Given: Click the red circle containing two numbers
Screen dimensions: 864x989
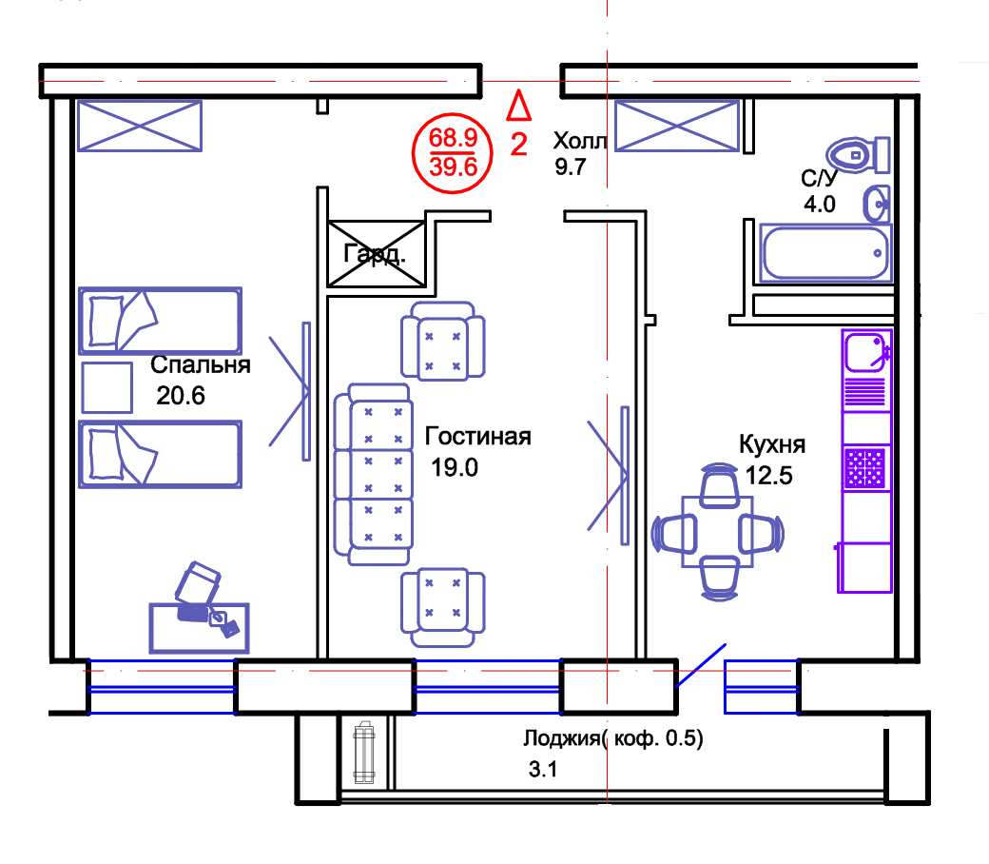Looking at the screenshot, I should (452, 153).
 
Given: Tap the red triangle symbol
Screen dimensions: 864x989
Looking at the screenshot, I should (518, 105).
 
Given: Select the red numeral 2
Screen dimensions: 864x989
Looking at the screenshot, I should (518, 146).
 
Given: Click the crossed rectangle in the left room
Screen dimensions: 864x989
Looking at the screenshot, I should (141, 126).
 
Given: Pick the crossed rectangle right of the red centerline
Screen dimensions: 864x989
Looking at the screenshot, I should (674, 126).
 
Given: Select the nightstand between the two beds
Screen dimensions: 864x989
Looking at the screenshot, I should (110, 387).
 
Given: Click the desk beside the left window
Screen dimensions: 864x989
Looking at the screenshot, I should (199, 626).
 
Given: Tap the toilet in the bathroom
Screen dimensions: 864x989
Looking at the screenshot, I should (859, 154).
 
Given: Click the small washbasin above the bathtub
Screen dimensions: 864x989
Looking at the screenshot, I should (878, 203).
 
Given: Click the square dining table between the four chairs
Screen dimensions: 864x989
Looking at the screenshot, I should (719, 533).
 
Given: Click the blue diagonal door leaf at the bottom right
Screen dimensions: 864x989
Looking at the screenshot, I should (702, 663).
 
